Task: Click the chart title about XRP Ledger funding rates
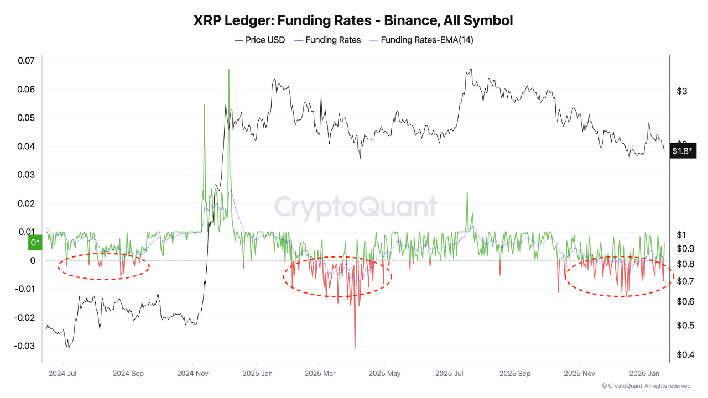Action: pos(353,20)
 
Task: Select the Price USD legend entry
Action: pos(260,40)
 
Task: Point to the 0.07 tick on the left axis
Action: pos(25,61)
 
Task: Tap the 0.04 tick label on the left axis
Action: pos(25,146)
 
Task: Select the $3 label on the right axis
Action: pos(682,91)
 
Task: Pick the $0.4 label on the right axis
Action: pos(685,354)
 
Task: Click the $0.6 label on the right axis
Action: pos(685,302)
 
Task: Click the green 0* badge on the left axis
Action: pos(35,243)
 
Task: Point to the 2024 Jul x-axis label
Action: pos(62,374)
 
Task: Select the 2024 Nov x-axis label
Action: pos(192,374)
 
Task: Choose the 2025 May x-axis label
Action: pos(384,374)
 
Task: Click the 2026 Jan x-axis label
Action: pos(643,374)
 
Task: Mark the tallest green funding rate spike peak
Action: pos(228,70)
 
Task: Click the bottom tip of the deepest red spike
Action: pos(355,348)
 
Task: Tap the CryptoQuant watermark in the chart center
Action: pos(356,207)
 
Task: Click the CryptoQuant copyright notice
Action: pos(646,386)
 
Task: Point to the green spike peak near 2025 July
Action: pos(467,193)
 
